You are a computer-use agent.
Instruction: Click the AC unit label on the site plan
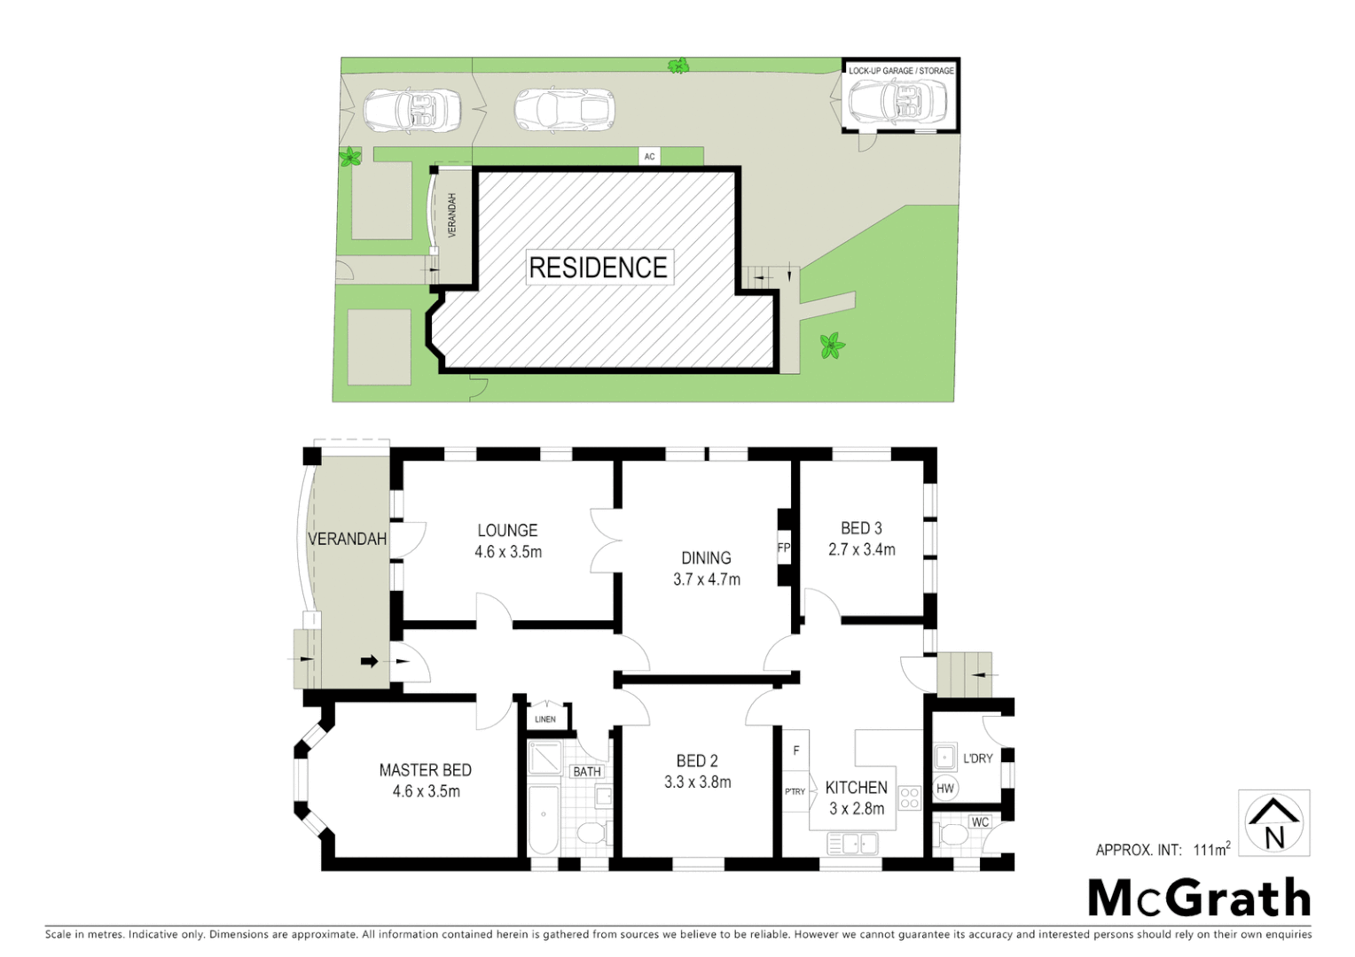[649, 157]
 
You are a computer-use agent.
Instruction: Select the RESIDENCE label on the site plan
[598, 268]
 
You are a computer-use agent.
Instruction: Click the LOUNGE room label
[507, 530]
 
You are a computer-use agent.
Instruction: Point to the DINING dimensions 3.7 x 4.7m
[706, 580]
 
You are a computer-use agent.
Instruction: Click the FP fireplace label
[783, 548]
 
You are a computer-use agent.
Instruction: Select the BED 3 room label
[861, 528]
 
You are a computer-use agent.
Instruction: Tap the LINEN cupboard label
[545, 719]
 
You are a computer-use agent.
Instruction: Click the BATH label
[587, 772]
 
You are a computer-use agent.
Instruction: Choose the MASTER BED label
[425, 770]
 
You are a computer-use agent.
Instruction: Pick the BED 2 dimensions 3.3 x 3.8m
[697, 782]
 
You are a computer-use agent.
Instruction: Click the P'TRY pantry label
[795, 791]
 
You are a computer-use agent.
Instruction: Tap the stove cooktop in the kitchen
[910, 797]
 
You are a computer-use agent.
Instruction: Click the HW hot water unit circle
[945, 788]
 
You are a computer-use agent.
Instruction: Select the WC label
[980, 822]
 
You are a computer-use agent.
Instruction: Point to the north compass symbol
[1274, 823]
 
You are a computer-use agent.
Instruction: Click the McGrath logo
[1199, 898]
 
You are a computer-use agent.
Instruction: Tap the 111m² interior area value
[1211, 850]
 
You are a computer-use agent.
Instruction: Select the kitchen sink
[852, 844]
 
